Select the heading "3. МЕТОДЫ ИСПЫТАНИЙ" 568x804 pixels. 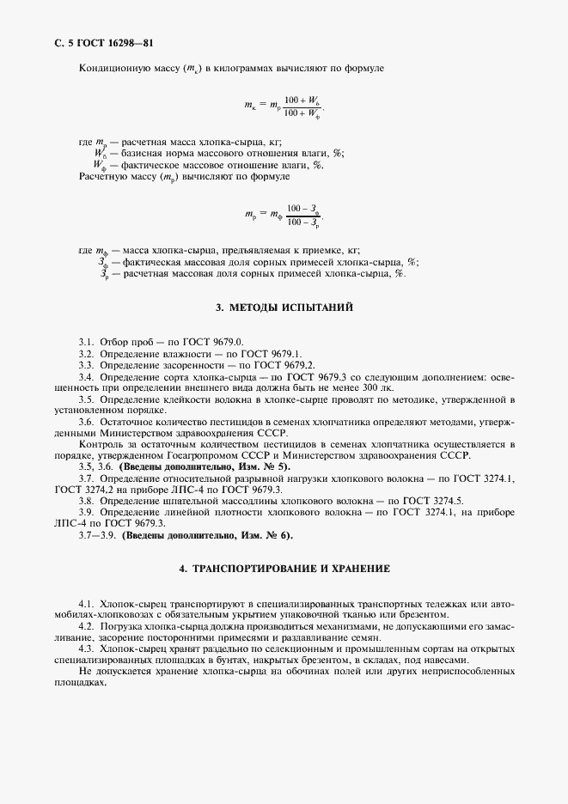pos(284,308)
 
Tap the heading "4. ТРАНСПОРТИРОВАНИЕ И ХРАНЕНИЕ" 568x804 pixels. pos(284,569)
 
